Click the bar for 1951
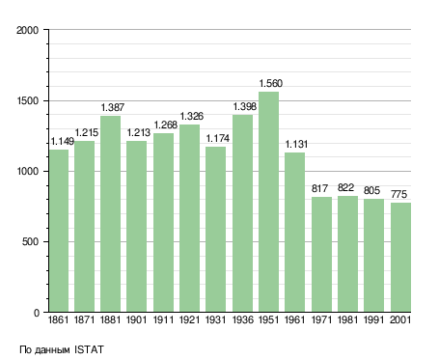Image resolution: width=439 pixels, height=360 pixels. [268, 202]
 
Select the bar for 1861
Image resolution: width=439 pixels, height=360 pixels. [59, 231]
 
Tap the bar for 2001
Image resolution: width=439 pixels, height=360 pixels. [400, 258]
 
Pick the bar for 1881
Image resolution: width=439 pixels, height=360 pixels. [110, 214]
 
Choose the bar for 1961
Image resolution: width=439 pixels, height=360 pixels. [294, 233]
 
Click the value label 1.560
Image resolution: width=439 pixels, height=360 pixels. [271, 83]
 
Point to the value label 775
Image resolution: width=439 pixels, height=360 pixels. [398, 194]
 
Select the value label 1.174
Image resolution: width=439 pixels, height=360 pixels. [217, 138]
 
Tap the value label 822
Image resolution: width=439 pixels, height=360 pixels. [345, 187]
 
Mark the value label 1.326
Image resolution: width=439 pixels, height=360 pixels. [191, 116]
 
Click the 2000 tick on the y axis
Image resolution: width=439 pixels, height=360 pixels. [27, 30]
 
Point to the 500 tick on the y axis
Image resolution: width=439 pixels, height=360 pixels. [30, 241]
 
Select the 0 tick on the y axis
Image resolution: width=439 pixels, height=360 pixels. [36, 313]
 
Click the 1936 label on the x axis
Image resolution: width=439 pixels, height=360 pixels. [242, 319]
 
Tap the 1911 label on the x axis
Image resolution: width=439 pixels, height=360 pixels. [163, 319]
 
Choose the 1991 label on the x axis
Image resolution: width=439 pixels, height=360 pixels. [373, 319]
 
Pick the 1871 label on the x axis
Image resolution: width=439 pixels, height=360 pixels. [84, 319]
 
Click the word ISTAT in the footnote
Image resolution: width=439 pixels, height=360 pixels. [89, 349]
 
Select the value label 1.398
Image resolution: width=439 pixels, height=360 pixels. [244, 106]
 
